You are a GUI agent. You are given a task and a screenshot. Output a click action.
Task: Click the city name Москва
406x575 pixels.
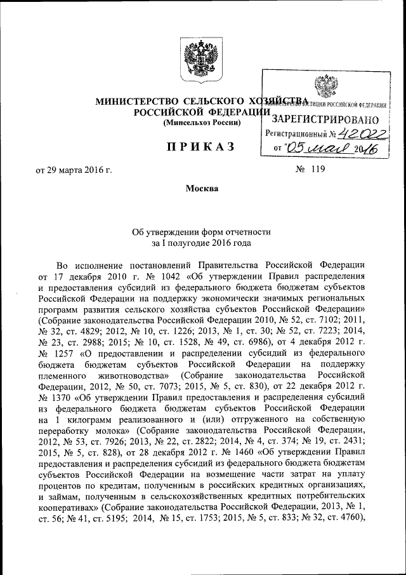coord(202,189)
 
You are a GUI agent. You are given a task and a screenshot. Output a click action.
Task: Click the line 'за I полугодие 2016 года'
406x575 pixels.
coord(202,243)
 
